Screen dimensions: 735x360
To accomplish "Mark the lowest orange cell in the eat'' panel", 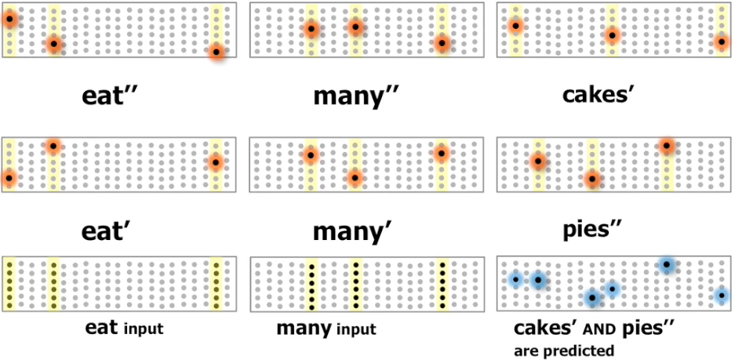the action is pos(217,53).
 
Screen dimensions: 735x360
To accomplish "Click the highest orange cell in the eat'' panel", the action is pos(9,20).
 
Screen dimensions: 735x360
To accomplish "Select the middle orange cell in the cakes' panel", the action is pos(612,35).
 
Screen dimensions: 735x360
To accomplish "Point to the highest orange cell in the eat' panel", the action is pos(53,146).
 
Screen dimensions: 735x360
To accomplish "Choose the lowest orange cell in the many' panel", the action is pos(355,179).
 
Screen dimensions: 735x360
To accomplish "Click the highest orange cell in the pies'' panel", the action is pos(666,146).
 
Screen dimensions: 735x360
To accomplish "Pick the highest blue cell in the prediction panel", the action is pos(666,266).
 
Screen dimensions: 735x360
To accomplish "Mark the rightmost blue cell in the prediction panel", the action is pos(722,296).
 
